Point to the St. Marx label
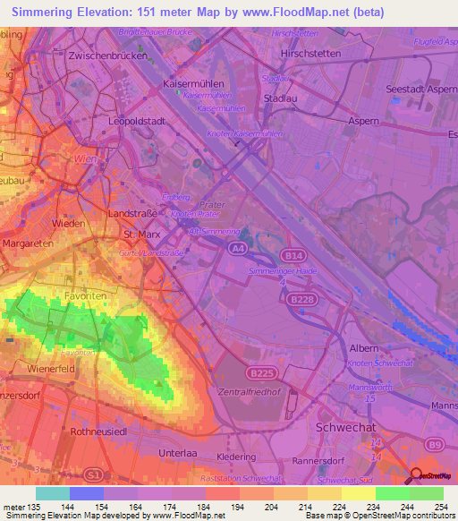[x=140, y=234]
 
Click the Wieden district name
[x=69, y=222]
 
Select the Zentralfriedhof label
[x=253, y=392]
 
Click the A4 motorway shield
[x=235, y=247]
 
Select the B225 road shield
[x=261, y=372]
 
